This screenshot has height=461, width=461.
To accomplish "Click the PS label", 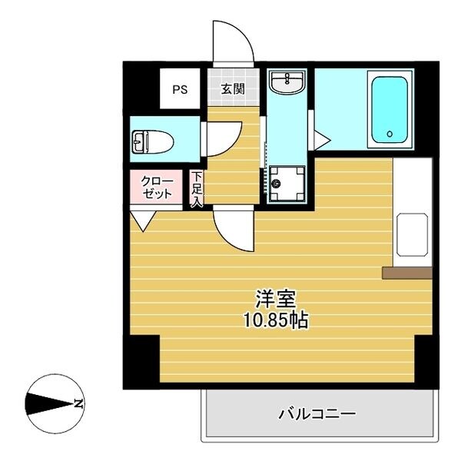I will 179,89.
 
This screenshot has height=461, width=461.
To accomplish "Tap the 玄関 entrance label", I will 233,89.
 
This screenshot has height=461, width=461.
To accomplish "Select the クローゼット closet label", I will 158,187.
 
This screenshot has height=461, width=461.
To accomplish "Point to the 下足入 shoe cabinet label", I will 197,189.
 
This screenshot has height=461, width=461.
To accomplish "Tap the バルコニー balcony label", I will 317,414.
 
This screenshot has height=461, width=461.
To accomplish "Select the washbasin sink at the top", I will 287,81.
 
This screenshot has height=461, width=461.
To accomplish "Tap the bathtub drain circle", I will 390,134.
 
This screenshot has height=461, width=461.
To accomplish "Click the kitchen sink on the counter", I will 412,234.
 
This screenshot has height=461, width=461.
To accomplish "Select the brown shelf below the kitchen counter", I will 406,272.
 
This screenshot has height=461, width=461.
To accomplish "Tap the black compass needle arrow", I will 48,403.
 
